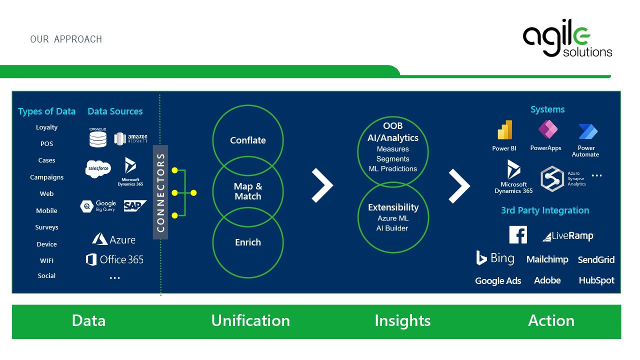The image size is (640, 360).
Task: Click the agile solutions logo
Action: (567, 40)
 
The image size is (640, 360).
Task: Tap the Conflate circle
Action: (247, 140)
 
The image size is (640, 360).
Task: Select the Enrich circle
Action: (247, 242)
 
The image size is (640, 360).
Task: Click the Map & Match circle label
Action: (247, 191)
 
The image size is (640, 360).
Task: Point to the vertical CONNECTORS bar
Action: (160, 192)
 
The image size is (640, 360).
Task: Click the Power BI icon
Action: (504, 130)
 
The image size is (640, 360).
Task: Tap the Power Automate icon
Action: (588, 131)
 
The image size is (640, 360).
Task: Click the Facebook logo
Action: (518, 234)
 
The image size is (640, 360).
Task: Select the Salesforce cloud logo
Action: (97, 169)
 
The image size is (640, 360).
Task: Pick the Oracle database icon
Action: (98, 137)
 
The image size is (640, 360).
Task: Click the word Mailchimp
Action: (547, 259)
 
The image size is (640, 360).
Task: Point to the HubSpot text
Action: (596, 280)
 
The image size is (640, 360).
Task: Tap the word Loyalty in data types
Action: (46, 127)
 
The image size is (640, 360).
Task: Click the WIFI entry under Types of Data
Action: (46, 260)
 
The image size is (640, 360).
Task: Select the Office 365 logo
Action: (114, 259)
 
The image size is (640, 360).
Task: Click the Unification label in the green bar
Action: (250, 320)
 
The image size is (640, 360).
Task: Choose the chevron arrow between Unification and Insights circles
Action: (322, 185)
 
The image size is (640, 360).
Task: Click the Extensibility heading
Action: (393, 207)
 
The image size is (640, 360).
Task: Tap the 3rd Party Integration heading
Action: (545, 210)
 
